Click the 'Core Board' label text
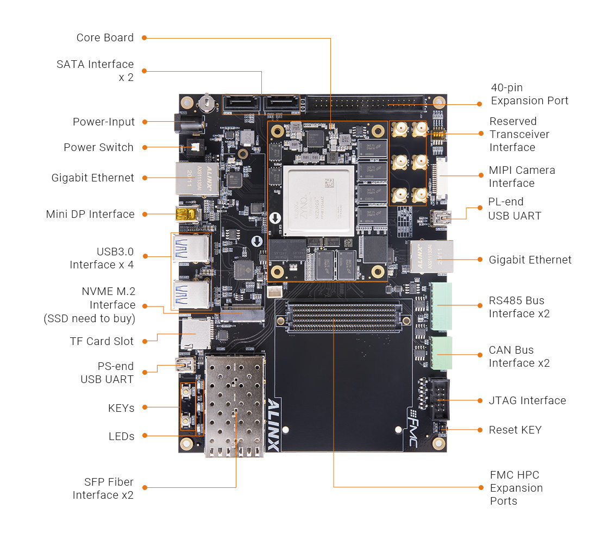coord(105,37)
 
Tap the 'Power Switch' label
coord(98,147)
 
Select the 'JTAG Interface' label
coord(527,400)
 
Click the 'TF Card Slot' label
coord(102,341)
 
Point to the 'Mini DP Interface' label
coord(90,214)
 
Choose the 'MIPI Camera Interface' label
coord(522,177)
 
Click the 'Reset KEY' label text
coord(515,430)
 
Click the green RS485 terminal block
coord(441,306)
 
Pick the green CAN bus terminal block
coord(441,354)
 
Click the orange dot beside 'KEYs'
coord(145,407)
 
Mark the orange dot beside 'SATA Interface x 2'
coord(145,71)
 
